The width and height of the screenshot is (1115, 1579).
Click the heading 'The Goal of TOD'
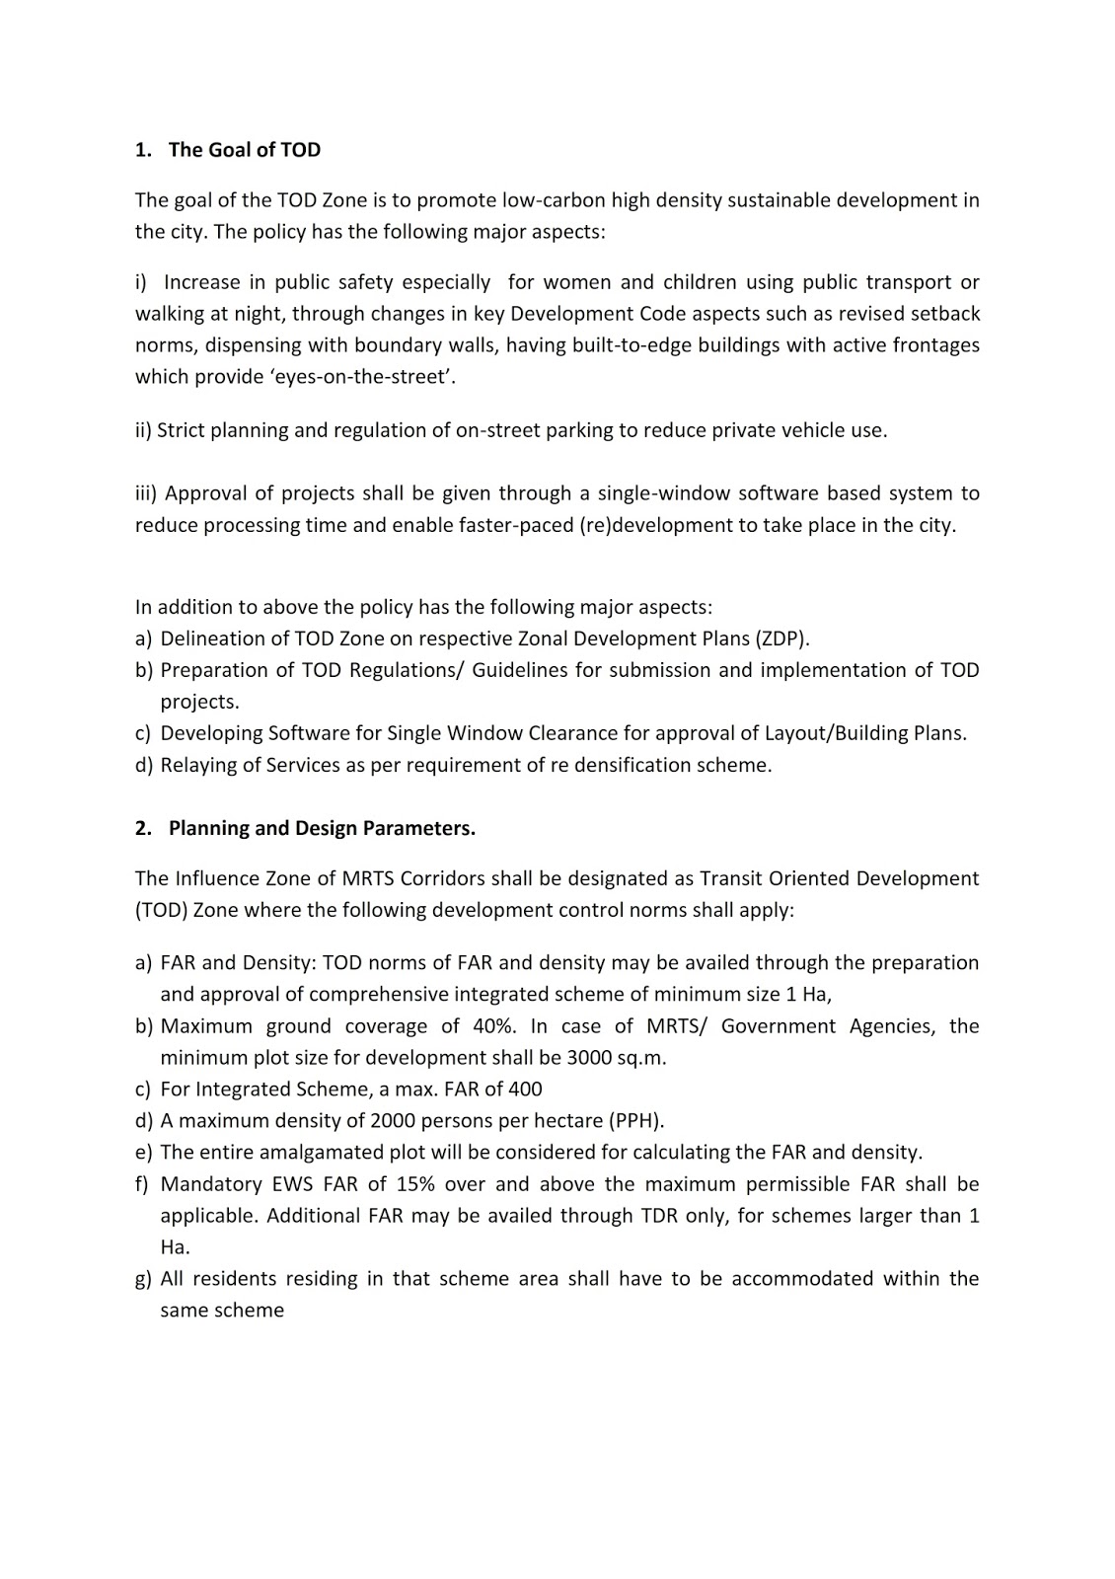[244, 150]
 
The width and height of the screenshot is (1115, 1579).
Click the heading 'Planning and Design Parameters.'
[322, 829]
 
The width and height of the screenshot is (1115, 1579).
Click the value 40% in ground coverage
[494, 1026]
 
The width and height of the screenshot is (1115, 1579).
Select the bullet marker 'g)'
[143, 1279]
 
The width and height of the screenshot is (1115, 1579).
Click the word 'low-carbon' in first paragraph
[554, 201]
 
